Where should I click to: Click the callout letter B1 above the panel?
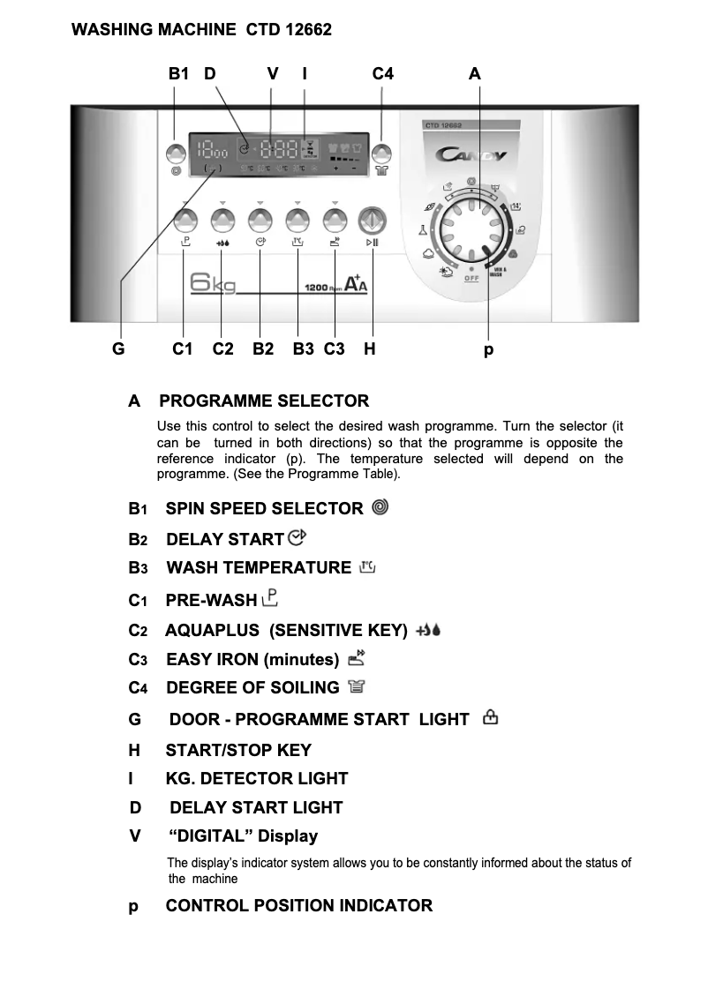pyautogui.click(x=178, y=74)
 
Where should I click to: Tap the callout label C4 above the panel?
pyautogui.click(x=382, y=74)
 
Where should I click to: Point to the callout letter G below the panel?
pyautogui.click(x=117, y=349)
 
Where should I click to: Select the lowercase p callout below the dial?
pyautogui.click(x=488, y=350)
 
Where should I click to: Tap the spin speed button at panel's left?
pyautogui.click(x=175, y=153)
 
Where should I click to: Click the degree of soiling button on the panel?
pyautogui.click(x=381, y=153)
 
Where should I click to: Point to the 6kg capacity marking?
pyautogui.click(x=212, y=284)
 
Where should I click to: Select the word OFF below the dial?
pyautogui.click(x=472, y=279)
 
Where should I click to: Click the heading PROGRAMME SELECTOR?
pyautogui.click(x=264, y=401)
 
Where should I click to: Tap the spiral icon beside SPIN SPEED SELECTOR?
pyautogui.click(x=380, y=507)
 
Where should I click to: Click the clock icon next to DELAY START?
pyautogui.click(x=296, y=537)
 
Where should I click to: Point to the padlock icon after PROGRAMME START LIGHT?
pyautogui.click(x=490, y=718)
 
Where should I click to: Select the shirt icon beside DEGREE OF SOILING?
pyautogui.click(x=356, y=686)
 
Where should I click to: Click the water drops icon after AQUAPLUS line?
pyautogui.click(x=427, y=630)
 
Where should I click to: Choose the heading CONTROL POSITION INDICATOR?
pyautogui.click(x=298, y=906)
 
